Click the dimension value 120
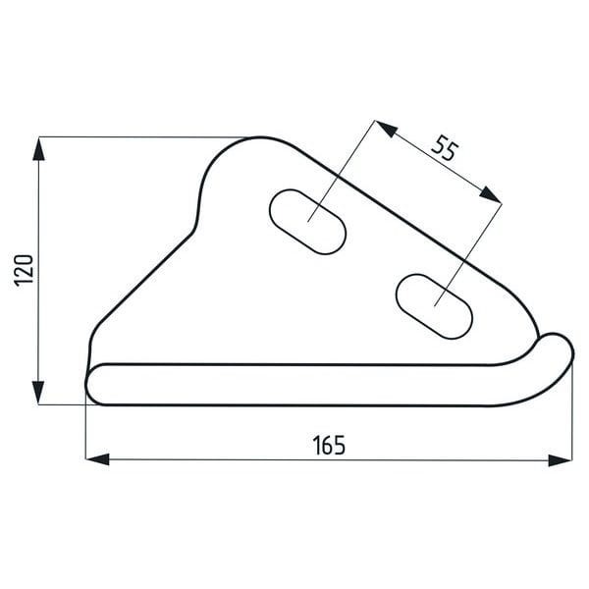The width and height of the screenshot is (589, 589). point(24,271)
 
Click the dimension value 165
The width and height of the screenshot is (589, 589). point(329,445)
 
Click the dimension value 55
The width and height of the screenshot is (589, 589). point(446,148)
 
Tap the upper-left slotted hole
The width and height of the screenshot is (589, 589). point(307,222)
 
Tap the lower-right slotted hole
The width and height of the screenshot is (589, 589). point(434,306)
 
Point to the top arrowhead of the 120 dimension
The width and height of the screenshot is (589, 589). point(38,149)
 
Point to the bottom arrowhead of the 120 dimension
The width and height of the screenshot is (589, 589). point(38,393)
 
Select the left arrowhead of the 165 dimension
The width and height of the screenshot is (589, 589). point(97,459)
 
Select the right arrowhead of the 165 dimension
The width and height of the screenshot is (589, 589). point(561,460)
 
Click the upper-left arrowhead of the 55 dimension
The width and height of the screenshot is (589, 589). point(386,128)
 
